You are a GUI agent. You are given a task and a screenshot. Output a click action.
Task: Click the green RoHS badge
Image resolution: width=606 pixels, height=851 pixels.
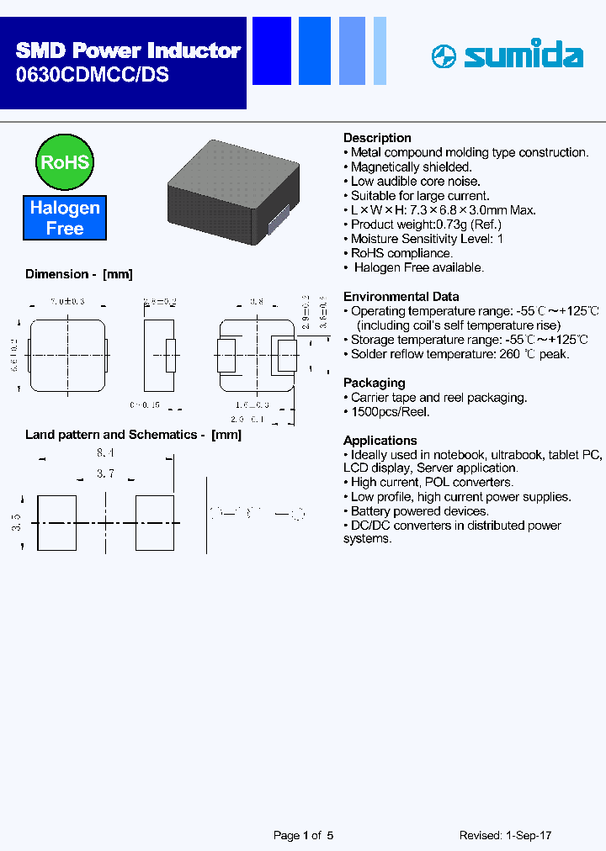[x=64, y=161]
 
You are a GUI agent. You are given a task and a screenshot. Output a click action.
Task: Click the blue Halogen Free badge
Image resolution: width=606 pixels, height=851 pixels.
[x=65, y=218]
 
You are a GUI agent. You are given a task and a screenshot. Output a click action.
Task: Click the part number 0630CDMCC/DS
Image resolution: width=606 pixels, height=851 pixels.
[x=93, y=74]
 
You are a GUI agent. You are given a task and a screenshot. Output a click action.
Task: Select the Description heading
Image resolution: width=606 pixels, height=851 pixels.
[x=377, y=138]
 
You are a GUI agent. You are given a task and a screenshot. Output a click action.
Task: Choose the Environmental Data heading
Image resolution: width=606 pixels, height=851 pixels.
[x=401, y=296]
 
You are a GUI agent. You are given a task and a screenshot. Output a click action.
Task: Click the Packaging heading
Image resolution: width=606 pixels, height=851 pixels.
[x=374, y=383]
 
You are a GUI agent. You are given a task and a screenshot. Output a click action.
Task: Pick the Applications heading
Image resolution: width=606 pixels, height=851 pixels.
[x=380, y=441]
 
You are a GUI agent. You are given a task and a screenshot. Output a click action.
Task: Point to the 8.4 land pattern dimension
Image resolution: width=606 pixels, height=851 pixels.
[x=105, y=452]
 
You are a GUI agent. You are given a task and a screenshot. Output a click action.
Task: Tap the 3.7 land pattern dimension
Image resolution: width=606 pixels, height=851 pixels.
[x=105, y=474]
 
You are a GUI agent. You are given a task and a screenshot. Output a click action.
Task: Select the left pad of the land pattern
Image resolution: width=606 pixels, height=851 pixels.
[x=57, y=524]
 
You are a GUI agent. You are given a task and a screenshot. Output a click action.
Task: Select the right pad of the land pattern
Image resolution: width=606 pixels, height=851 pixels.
[x=155, y=524]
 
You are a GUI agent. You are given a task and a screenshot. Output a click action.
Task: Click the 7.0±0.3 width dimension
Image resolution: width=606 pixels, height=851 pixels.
[x=67, y=301]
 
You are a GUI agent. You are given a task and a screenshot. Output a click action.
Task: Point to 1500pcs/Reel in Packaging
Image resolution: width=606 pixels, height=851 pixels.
[x=391, y=412]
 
